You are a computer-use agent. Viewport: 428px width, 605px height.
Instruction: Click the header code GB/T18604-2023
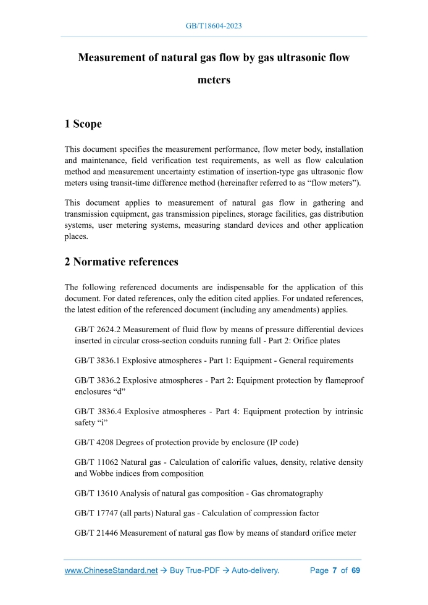click(214, 27)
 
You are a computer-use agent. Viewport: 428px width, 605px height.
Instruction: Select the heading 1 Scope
click(83, 123)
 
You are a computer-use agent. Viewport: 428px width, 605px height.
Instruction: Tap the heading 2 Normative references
click(121, 262)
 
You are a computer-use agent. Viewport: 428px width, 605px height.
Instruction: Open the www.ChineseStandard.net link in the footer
click(111, 570)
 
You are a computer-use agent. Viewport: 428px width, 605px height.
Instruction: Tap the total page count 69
click(355, 570)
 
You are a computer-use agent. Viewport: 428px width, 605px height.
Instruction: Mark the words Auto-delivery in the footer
click(255, 570)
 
